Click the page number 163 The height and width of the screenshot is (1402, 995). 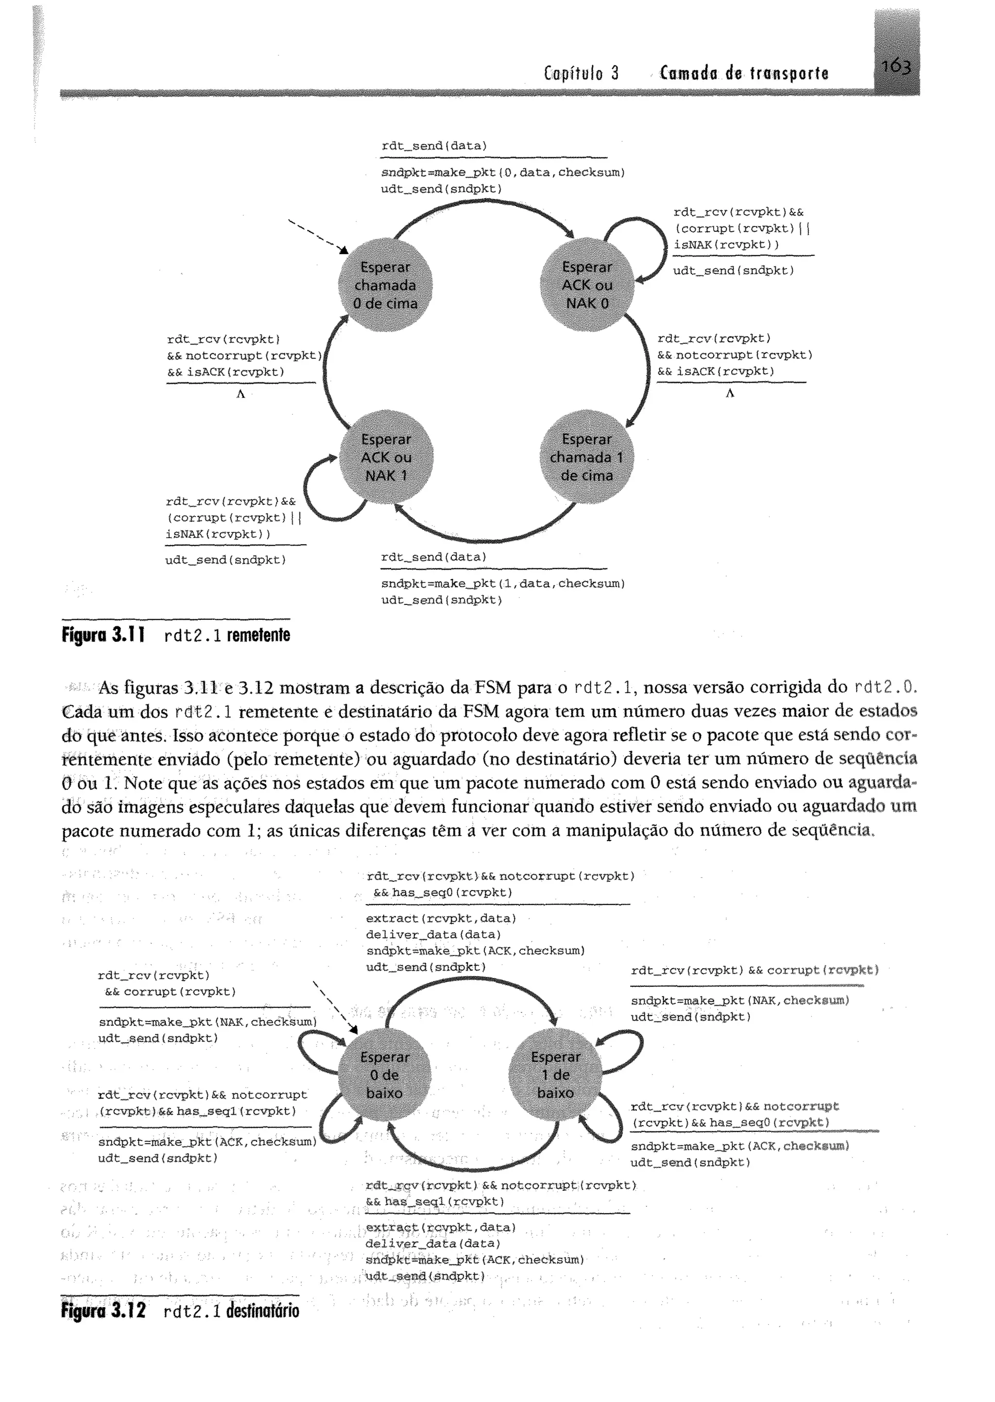click(x=896, y=66)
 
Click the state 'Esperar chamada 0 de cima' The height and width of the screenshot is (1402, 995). click(x=385, y=285)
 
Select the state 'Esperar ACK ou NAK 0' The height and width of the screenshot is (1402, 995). click(x=587, y=285)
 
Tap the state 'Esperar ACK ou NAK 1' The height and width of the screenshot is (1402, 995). click(x=385, y=458)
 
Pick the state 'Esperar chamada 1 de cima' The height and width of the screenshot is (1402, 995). click(x=586, y=458)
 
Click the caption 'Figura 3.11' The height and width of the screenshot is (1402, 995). click(x=103, y=635)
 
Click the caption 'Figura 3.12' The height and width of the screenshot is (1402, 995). click(x=103, y=1311)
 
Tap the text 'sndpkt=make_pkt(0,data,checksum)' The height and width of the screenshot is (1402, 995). click(x=502, y=173)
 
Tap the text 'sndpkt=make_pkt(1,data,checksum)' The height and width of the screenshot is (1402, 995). click(x=502, y=584)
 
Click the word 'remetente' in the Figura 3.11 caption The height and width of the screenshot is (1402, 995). click(x=258, y=635)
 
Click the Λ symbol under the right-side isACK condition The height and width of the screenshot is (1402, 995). click(x=730, y=394)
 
